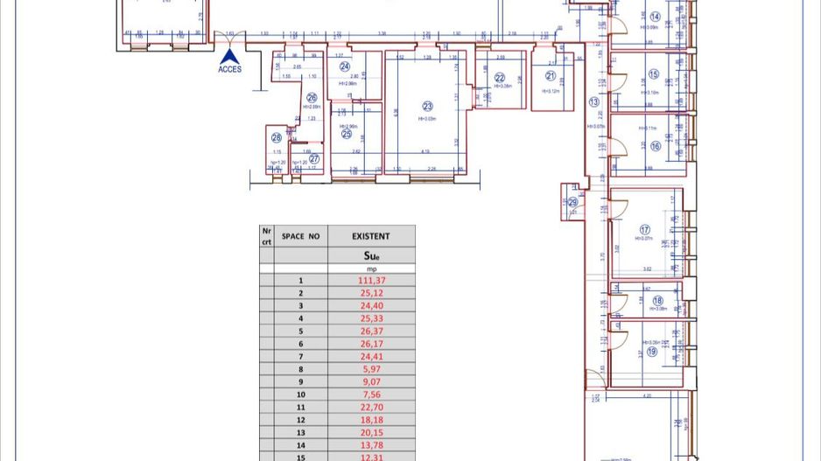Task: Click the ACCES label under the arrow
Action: [x=229, y=69]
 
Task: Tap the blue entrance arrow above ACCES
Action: [x=229, y=55]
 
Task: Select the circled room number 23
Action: [x=428, y=107]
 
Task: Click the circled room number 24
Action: [x=345, y=66]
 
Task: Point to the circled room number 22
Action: [x=500, y=78]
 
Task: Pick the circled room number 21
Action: [x=551, y=76]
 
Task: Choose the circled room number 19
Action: [x=651, y=352]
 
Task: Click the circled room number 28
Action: [x=277, y=137]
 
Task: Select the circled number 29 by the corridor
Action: [x=572, y=202]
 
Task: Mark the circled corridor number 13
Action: [x=594, y=102]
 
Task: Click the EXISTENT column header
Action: [x=371, y=236]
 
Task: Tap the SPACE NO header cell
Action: [x=300, y=236]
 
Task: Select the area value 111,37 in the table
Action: [x=371, y=281]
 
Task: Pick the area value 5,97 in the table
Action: [x=371, y=369]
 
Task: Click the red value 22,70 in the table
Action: [x=371, y=407]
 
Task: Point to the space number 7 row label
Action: [x=300, y=357]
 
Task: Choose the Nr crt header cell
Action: [x=266, y=236]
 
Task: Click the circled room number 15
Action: [x=653, y=74]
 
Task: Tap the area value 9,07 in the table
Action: [x=371, y=381]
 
